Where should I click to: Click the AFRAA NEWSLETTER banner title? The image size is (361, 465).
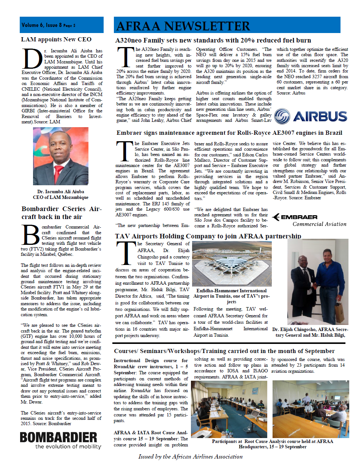tap(183, 26)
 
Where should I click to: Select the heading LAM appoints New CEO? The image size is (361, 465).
tap(56, 39)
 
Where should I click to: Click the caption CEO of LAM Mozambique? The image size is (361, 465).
tap(61, 197)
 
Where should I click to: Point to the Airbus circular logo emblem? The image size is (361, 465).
tap(282, 116)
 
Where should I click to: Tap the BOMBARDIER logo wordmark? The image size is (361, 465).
tap(59, 437)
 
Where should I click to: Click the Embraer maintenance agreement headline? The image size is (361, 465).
tap(229, 133)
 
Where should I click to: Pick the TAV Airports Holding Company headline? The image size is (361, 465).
tap(208, 236)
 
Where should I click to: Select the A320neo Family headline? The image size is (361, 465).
tap(213, 40)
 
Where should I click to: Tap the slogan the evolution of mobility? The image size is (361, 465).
tap(68, 446)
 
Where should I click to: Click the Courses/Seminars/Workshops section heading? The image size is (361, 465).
tap(224, 351)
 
